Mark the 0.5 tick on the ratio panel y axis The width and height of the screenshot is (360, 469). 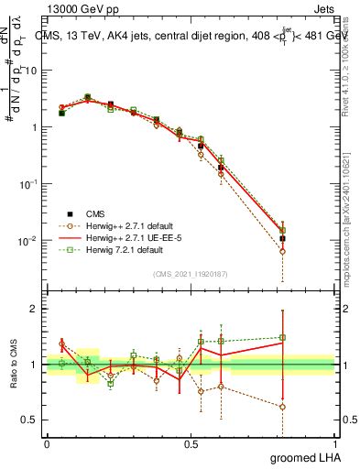coord(32,421)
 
